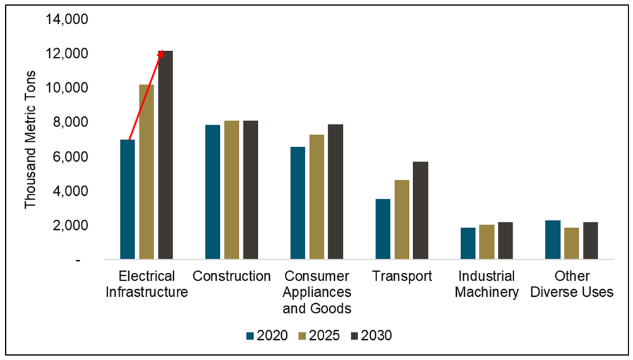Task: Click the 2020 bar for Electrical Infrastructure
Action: point(128,200)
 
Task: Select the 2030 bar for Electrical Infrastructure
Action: point(166,155)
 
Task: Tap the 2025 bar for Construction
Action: point(232,190)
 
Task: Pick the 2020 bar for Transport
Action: point(382,229)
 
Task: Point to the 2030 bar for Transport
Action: point(420,211)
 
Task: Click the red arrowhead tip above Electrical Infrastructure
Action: point(162,52)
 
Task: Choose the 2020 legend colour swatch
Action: point(250,335)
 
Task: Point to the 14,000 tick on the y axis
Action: point(67,19)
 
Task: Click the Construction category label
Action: point(232,277)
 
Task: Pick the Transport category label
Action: point(401,277)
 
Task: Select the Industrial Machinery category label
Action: point(486,284)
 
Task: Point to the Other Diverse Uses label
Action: point(572,284)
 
